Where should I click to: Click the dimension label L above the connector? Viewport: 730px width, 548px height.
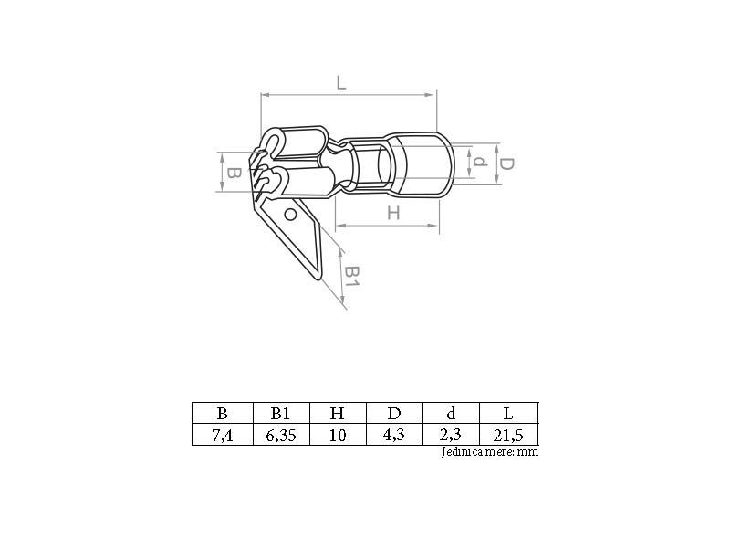coord(341,83)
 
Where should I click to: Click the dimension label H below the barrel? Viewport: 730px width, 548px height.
coord(393,213)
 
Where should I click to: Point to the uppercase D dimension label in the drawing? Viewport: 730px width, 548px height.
coord(506,164)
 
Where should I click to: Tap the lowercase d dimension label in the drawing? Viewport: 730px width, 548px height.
coord(480,162)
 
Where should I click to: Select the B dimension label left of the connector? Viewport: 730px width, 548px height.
coord(234,174)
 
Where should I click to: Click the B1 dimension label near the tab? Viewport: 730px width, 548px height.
coord(353,277)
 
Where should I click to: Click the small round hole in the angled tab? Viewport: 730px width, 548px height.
coord(290,215)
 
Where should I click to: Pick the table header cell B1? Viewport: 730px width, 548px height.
coord(281,414)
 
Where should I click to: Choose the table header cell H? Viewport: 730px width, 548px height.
coord(337,414)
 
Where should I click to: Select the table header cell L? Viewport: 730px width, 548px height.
coord(508,414)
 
